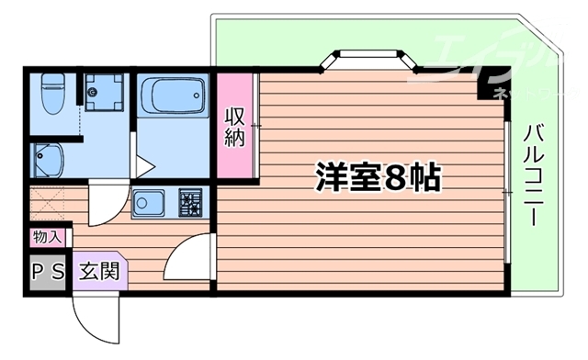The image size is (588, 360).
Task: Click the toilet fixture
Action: click(52, 91)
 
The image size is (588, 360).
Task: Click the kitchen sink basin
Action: click(148, 203)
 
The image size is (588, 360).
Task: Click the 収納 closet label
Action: click(234, 129)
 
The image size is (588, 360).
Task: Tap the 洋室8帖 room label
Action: click(379, 176)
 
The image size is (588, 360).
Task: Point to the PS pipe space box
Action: click(46, 273)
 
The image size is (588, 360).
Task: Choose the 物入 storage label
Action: click(46, 237)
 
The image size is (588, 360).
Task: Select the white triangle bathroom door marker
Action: click(144, 167)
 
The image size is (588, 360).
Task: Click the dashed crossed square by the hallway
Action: click(48, 204)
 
